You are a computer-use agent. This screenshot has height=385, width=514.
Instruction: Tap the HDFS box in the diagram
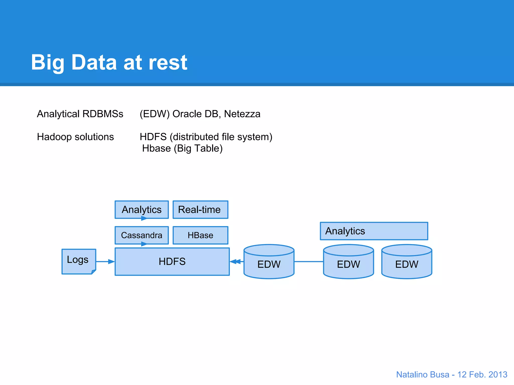172,261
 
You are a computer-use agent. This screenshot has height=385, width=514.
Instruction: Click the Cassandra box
142,235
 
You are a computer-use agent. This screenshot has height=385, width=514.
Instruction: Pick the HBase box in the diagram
200,235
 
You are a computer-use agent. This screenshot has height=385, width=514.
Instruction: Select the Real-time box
200,210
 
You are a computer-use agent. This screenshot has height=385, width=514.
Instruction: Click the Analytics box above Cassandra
142,210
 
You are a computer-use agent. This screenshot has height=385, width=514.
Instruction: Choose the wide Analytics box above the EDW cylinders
374,231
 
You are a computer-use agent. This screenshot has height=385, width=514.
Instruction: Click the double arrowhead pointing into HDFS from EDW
235,261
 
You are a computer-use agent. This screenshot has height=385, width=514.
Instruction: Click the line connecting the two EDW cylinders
308,261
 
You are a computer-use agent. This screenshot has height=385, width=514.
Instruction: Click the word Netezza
242,114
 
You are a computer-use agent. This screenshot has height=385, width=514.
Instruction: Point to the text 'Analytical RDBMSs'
80,114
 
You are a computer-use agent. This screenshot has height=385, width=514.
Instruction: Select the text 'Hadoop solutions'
75,137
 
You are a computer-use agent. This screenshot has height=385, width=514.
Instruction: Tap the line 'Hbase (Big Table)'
182,148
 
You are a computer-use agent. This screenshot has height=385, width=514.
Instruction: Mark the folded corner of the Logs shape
94,272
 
